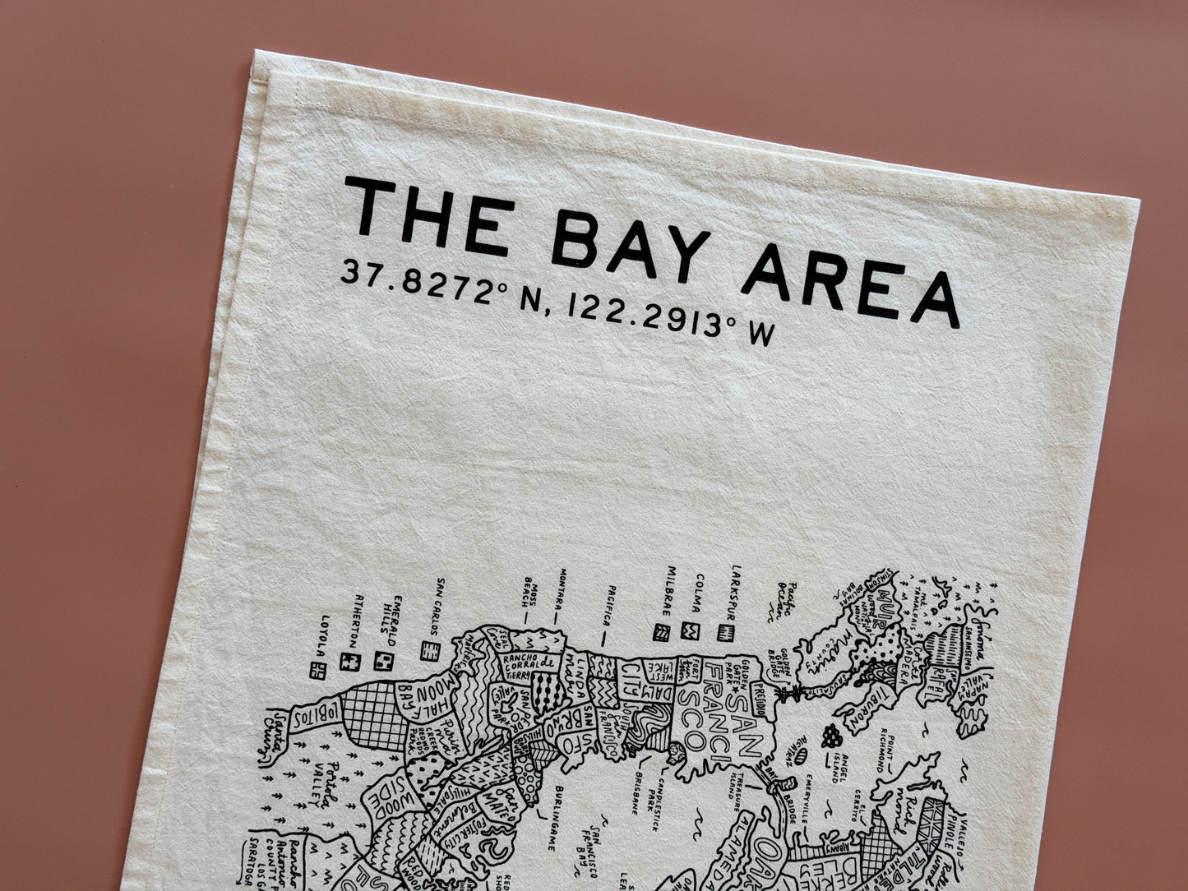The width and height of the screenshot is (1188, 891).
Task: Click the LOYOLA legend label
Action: click(326, 631)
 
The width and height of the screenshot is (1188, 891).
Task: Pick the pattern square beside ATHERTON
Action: click(351, 662)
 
